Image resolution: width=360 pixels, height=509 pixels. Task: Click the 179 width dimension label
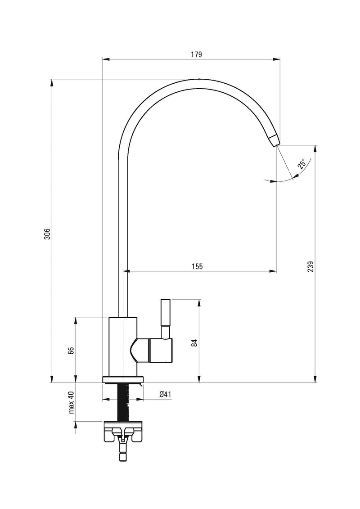(196, 54)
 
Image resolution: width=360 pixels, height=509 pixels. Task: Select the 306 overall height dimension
(47, 234)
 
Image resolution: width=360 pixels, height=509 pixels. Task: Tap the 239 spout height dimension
(311, 266)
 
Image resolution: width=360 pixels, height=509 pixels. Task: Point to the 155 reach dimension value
(197, 266)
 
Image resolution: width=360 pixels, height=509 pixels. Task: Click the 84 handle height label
(194, 343)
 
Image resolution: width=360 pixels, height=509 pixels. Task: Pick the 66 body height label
(72, 351)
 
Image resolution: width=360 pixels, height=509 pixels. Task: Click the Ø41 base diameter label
(165, 394)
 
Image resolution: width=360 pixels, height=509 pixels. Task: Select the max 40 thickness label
(72, 402)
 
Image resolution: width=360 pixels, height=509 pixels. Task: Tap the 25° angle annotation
(302, 164)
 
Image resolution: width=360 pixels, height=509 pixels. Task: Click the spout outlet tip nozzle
(274, 140)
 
